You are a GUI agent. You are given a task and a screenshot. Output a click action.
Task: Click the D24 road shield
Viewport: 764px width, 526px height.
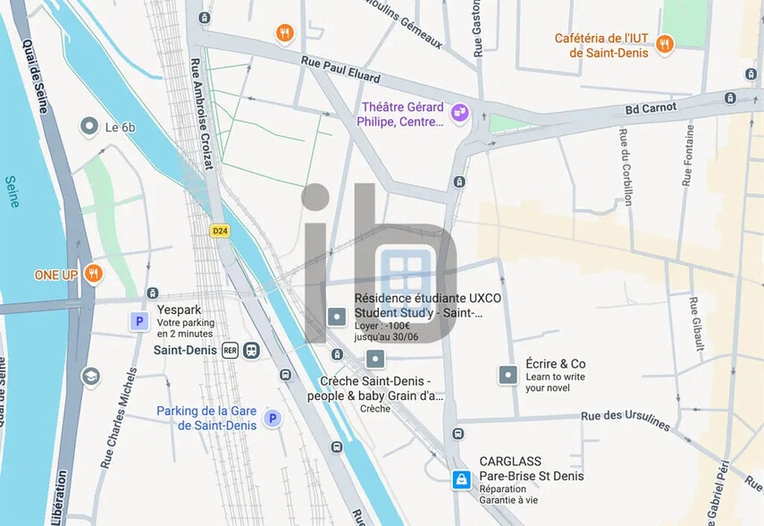[219, 231]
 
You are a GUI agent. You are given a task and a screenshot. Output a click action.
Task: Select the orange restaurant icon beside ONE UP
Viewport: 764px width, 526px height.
[93, 274]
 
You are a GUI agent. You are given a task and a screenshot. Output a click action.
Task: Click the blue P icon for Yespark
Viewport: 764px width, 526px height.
[139, 321]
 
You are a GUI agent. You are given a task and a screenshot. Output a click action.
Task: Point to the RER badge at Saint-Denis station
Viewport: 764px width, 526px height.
[231, 351]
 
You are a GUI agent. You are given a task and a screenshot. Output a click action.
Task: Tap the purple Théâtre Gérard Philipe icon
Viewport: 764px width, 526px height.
[460, 113]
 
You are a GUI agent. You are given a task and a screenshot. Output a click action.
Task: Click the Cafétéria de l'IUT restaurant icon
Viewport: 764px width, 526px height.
[664, 44]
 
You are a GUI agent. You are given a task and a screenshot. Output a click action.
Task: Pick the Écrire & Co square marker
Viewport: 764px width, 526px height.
[508, 375]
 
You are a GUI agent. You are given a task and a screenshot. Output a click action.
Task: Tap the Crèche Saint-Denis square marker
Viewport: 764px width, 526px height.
[375, 359]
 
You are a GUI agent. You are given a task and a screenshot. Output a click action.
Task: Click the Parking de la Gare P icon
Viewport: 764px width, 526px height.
[272, 418]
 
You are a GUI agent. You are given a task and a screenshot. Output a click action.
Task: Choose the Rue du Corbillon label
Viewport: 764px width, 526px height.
[625, 166]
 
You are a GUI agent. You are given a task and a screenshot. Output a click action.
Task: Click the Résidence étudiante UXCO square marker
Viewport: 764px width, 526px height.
[337, 315]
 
